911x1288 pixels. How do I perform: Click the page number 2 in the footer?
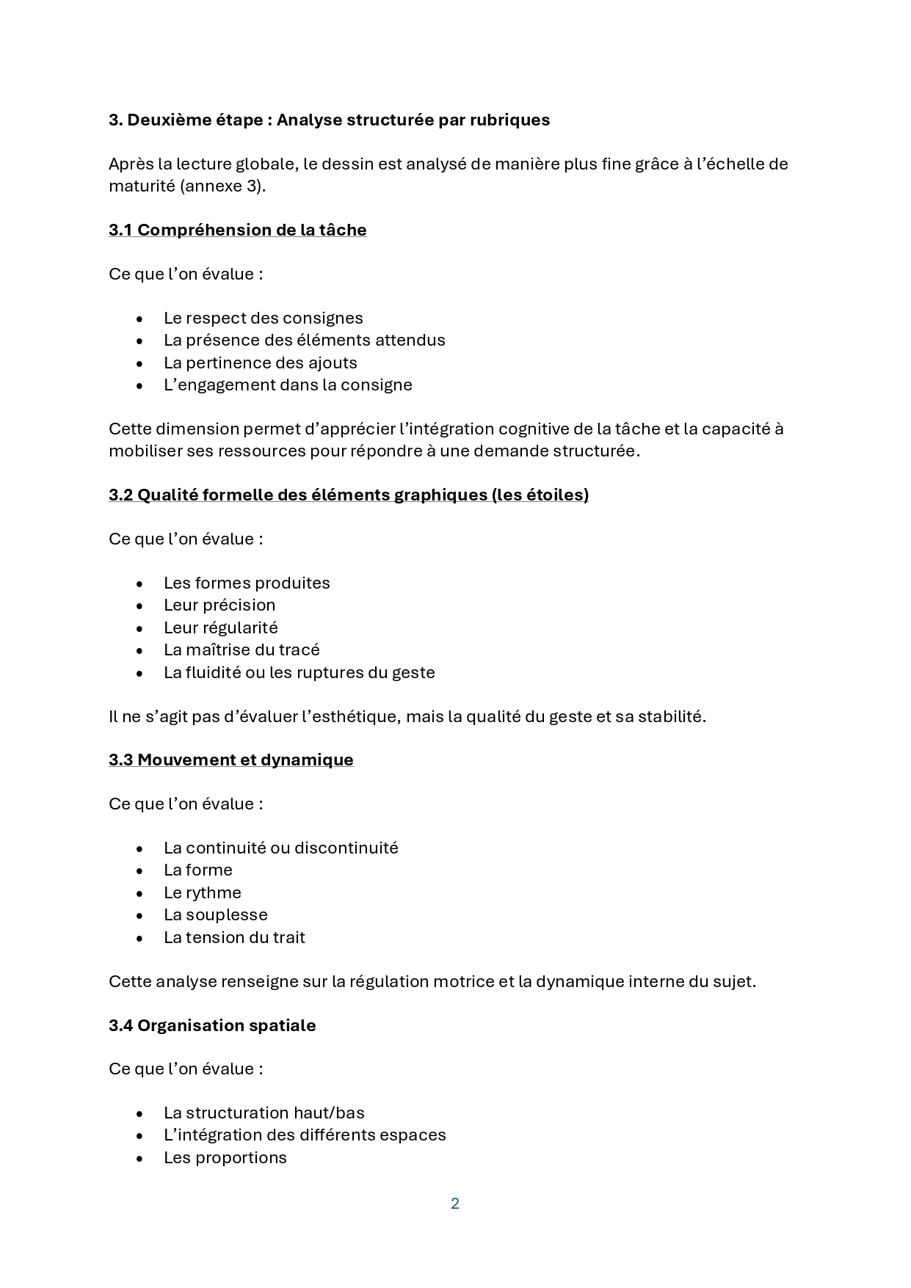coord(455,1204)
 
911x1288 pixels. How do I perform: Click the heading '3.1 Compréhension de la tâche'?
coord(237,230)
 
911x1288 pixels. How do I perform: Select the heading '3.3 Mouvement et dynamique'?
coord(231,760)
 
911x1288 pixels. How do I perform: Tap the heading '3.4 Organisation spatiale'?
coord(212,1025)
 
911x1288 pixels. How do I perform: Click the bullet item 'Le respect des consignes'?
coord(263,319)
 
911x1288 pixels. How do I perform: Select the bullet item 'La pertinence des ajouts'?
coord(260,363)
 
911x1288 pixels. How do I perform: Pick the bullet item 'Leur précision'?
coord(219,605)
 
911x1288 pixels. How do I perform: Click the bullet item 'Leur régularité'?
coord(220,628)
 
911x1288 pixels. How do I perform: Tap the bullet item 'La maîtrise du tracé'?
coord(242,650)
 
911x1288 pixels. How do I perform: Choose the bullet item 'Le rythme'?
coord(202,893)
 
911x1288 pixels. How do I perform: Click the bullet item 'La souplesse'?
coord(215,915)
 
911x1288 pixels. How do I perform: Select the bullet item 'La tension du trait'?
coord(234,938)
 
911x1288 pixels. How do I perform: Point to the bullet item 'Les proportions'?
coord(225,1158)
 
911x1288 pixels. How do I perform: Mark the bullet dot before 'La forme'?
coord(139,871)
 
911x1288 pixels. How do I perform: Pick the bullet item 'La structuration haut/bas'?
coord(264,1113)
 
